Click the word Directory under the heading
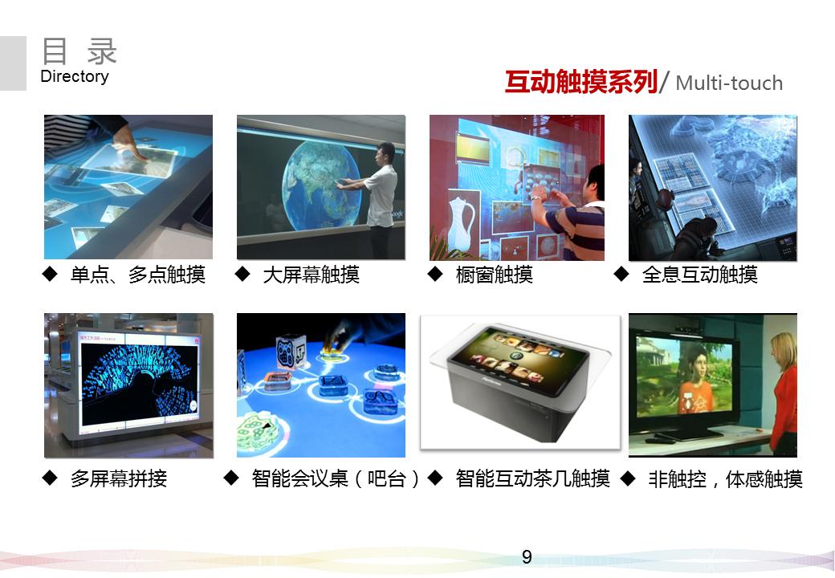pyautogui.click(x=74, y=77)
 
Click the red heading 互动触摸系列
pyautogui.click(x=580, y=82)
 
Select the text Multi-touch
pyautogui.click(x=729, y=83)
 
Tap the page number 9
pyautogui.click(x=527, y=557)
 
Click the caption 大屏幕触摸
pyautogui.click(x=311, y=275)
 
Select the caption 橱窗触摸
pyautogui.click(x=494, y=275)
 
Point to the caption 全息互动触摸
pyautogui.click(x=699, y=275)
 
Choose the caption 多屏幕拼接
pyautogui.click(x=119, y=480)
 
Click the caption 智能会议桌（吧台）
pyautogui.click(x=336, y=480)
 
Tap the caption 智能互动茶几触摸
pyautogui.click(x=532, y=479)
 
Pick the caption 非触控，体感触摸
pyautogui.click(x=725, y=480)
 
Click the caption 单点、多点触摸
pyautogui.click(x=138, y=275)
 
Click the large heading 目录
pyautogui.click(x=79, y=51)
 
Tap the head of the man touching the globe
pyautogui.click(x=386, y=153)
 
